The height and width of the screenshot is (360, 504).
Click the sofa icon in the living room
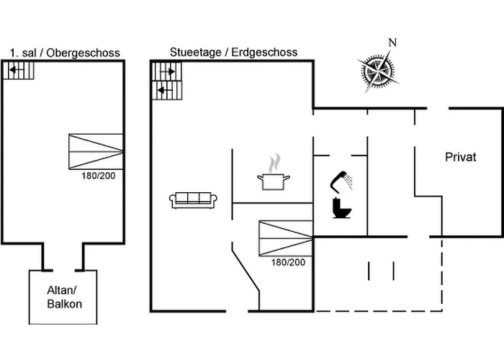[x=192, y=200]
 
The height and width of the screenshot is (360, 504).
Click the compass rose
[x=377, y=71]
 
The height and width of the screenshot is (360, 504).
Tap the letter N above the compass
[x=392, y=42]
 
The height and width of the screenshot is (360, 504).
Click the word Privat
[x=461, y=158]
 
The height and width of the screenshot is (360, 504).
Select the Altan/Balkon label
[x=64, y=297]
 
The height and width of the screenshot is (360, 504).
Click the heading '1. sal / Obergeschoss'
[x=65, y=53]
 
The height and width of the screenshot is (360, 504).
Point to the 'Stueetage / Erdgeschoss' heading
[x=233, y=53]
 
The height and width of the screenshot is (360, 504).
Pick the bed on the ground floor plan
[x=286, y=238]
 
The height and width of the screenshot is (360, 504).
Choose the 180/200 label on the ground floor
[x=288, y=262]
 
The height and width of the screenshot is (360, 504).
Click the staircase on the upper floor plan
[x=20, y=71]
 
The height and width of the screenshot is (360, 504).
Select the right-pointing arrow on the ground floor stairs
[x=168, y=72]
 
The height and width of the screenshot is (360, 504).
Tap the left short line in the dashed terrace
[x=369, y=271]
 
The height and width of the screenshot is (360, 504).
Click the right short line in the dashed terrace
[x=394, y=271]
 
